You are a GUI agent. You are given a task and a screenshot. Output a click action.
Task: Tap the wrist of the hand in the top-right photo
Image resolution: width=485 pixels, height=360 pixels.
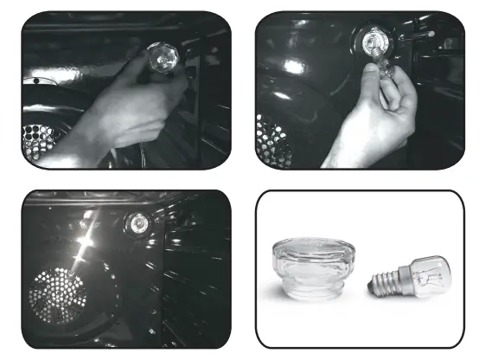pos(359,151)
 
